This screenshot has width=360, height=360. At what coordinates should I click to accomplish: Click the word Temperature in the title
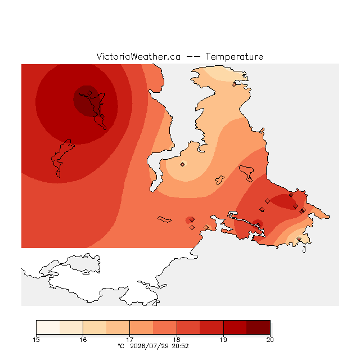pos(234,56)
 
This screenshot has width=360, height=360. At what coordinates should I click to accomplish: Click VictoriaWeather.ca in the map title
pos(138,56)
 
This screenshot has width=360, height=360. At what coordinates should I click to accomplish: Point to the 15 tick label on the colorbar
pos(36,340)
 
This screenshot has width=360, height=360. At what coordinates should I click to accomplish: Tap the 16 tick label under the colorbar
pos(83,340)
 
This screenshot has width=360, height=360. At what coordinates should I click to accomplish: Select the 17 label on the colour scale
pos(130,340)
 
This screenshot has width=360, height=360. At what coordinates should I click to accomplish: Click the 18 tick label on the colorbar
pos(177,340)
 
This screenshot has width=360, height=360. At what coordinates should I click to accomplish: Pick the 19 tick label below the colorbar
pos(223,340)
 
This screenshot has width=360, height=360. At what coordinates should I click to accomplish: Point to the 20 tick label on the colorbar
pos(270,340)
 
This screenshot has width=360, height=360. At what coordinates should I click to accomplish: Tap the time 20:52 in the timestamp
pos(180,346)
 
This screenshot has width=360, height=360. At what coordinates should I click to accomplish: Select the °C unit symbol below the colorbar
pos(121,346)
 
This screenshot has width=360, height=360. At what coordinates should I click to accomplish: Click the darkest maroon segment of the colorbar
pos(258,327)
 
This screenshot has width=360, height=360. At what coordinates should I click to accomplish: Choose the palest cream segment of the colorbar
pos(48,327)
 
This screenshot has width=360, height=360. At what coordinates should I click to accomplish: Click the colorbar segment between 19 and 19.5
pos(235,327)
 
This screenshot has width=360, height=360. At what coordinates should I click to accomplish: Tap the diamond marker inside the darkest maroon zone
pos(90,93)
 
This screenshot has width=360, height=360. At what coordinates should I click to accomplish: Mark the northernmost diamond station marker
pos(234,85)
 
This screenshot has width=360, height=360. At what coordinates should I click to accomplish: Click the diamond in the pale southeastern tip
pos(299,238)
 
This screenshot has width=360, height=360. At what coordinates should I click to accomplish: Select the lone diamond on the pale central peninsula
pos(182,164)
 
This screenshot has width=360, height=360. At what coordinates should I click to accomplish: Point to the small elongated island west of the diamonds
pos(164,219)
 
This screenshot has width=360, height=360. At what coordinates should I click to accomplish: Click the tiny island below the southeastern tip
pos(304,250)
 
